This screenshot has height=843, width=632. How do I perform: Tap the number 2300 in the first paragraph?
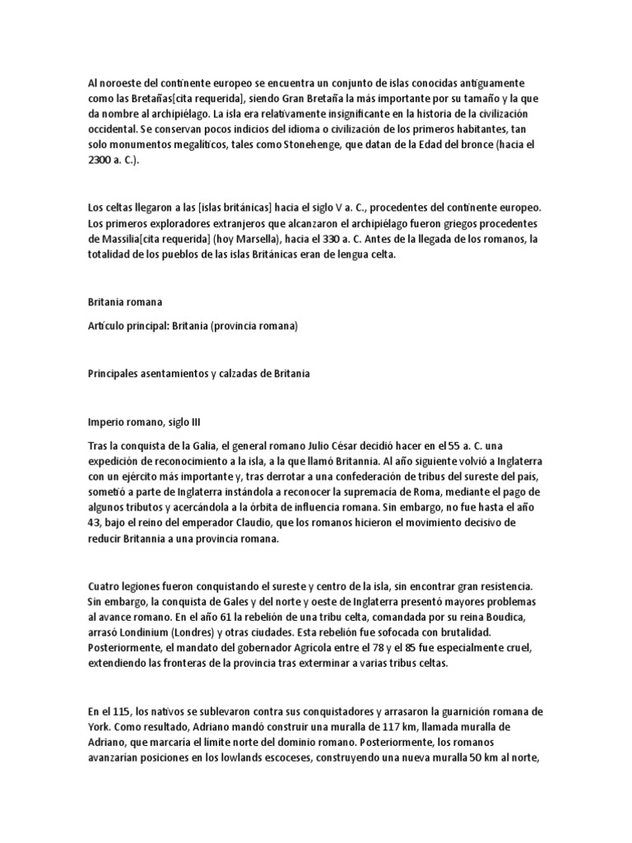pos(102,160)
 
